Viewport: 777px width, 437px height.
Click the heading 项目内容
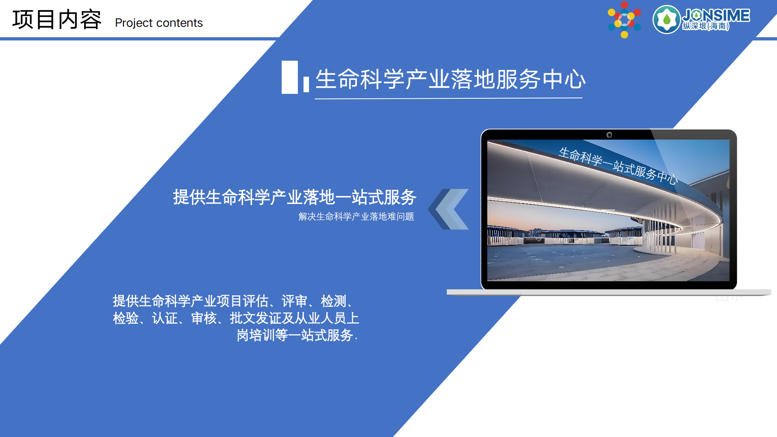57,19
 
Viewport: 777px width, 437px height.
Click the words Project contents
159,23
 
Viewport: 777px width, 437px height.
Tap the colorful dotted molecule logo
624,19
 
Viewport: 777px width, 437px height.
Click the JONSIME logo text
716,15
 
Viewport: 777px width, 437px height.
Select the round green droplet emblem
666,19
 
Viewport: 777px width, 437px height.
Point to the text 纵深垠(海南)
706,26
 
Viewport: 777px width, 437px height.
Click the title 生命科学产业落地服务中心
450,79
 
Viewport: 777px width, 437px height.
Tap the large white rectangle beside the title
289,77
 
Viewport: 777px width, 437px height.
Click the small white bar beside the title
306,84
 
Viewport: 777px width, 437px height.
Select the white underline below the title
448,98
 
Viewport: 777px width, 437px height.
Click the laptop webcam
609,135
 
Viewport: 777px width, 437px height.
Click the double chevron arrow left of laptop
449,209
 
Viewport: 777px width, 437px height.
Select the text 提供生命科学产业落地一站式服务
295,197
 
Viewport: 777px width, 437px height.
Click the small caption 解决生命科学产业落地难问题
356,217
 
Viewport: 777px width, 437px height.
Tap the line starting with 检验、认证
236,318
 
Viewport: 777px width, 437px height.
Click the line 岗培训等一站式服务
297,335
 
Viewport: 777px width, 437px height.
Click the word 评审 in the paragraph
294,301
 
